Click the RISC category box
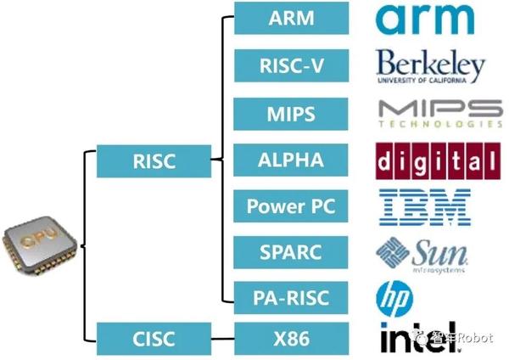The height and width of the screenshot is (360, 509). pyautogui.click(x=154, y=160)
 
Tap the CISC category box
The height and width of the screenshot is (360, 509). pyautogui.click(x=154, y=338)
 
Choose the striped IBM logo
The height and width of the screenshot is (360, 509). pyautogui.click(x=424, y=206)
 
